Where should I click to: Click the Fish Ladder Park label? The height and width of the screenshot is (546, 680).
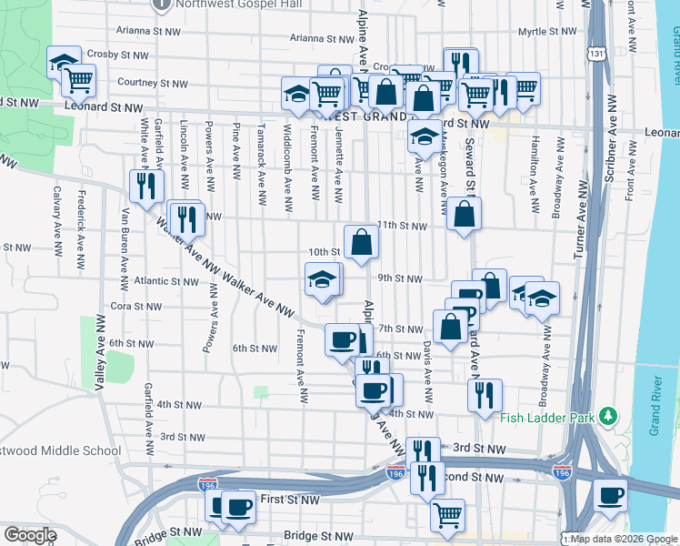point(546,419)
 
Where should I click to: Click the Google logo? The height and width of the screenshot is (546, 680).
point(30,535)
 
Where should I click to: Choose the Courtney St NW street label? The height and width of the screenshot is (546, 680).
point(153,83)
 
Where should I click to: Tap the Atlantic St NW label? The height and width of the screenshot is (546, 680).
point(165,282)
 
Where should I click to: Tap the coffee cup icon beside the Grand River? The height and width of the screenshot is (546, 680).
point(610,495)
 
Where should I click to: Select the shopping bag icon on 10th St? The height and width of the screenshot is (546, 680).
point(362,241)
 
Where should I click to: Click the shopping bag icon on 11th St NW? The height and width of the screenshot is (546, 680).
point(464,214)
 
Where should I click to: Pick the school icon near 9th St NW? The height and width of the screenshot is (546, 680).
point(323,279)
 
